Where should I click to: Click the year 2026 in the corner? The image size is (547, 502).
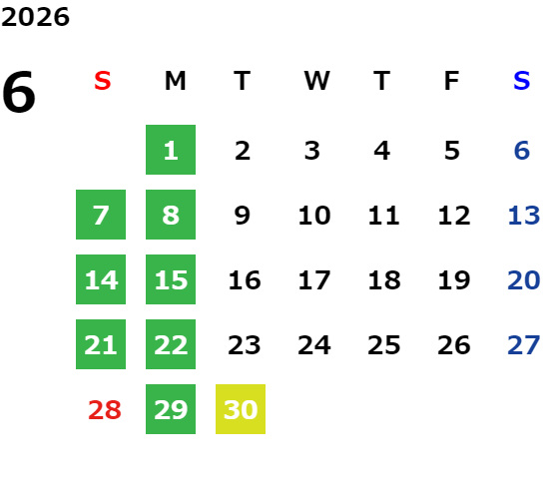click(x=35, y=17)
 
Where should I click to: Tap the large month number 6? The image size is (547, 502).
click(x=19, y=92)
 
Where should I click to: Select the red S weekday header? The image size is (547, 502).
click(x=103, y=81)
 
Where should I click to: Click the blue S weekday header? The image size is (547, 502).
click(x=521, y=81)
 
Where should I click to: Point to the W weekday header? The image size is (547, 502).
click(x=316, y=81)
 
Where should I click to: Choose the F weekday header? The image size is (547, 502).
click(x=452, y=81)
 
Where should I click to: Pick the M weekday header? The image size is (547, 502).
click(x=175, y=81)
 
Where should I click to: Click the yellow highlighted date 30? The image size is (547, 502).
click(x=241, y=409)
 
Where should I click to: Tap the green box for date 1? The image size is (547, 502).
click(x=171, y=150)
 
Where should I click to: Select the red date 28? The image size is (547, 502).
click(x=105, y=410)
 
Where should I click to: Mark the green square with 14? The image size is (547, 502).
click(x=101, y=279)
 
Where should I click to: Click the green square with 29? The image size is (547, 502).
click(x=171, y=409)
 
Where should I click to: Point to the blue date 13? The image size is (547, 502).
click(x=524, y=216)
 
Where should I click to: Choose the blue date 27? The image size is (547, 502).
click(x=524, y=345)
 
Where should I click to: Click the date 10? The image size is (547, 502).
click(x=314, y=216)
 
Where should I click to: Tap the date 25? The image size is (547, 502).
click(x=384, y=345)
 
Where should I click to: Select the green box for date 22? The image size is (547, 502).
click(x=171, y=344)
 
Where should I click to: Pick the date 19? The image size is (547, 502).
click(x=454, y=280)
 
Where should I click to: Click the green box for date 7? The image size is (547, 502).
click(x=101, y=215)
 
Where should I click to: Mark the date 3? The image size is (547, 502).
click(x=312, y=151)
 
